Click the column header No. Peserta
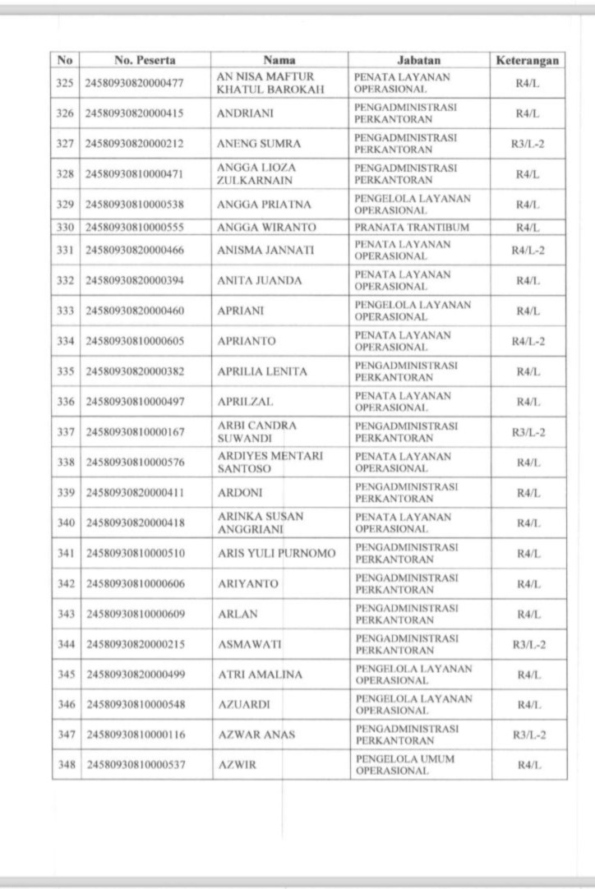click(145, 60)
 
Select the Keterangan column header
click(528, 60)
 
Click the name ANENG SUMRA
click(256, 144)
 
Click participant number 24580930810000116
click(134, 734)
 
